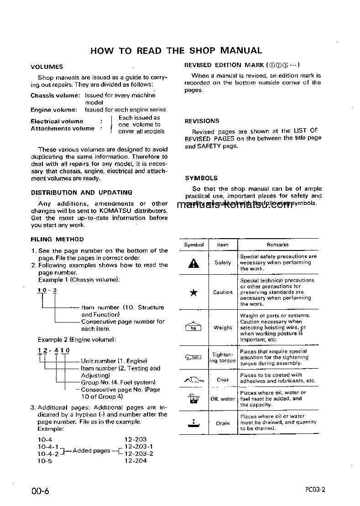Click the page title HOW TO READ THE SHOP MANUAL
click(176, 50)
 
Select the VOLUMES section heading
click(47, 67)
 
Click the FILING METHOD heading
click(57, 239)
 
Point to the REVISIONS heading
click(202, 121)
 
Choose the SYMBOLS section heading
click(201, 178)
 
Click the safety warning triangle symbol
click(194, 263)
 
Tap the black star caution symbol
click(193, 292)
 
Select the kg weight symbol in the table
click(193, 327)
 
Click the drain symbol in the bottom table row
click(193, 423)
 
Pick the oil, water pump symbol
click(193, 398)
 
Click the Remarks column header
click(277, 245)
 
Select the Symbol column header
click(194, 245)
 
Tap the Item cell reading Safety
click(223, 263)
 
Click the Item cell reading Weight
click(223, 328)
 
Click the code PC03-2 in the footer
click(315, 490)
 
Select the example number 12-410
click(53, 350)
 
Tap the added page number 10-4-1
click(48, 447)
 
